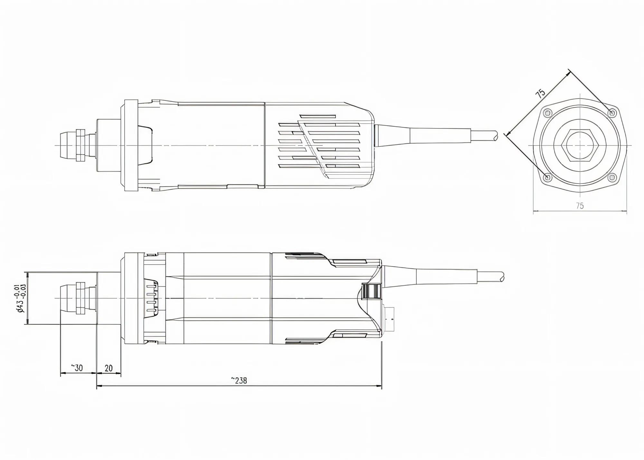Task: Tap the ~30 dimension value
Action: (77, 368)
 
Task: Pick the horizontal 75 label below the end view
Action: (580, 206)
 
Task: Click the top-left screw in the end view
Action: (547, 113)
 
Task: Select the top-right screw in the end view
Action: (612, 113)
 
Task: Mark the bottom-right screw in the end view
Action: (612, 177)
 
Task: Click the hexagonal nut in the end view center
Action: (580, 146)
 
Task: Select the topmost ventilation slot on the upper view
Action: (317, 116)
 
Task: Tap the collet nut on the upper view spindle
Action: (80, 146)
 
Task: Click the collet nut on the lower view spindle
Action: (80, 298)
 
